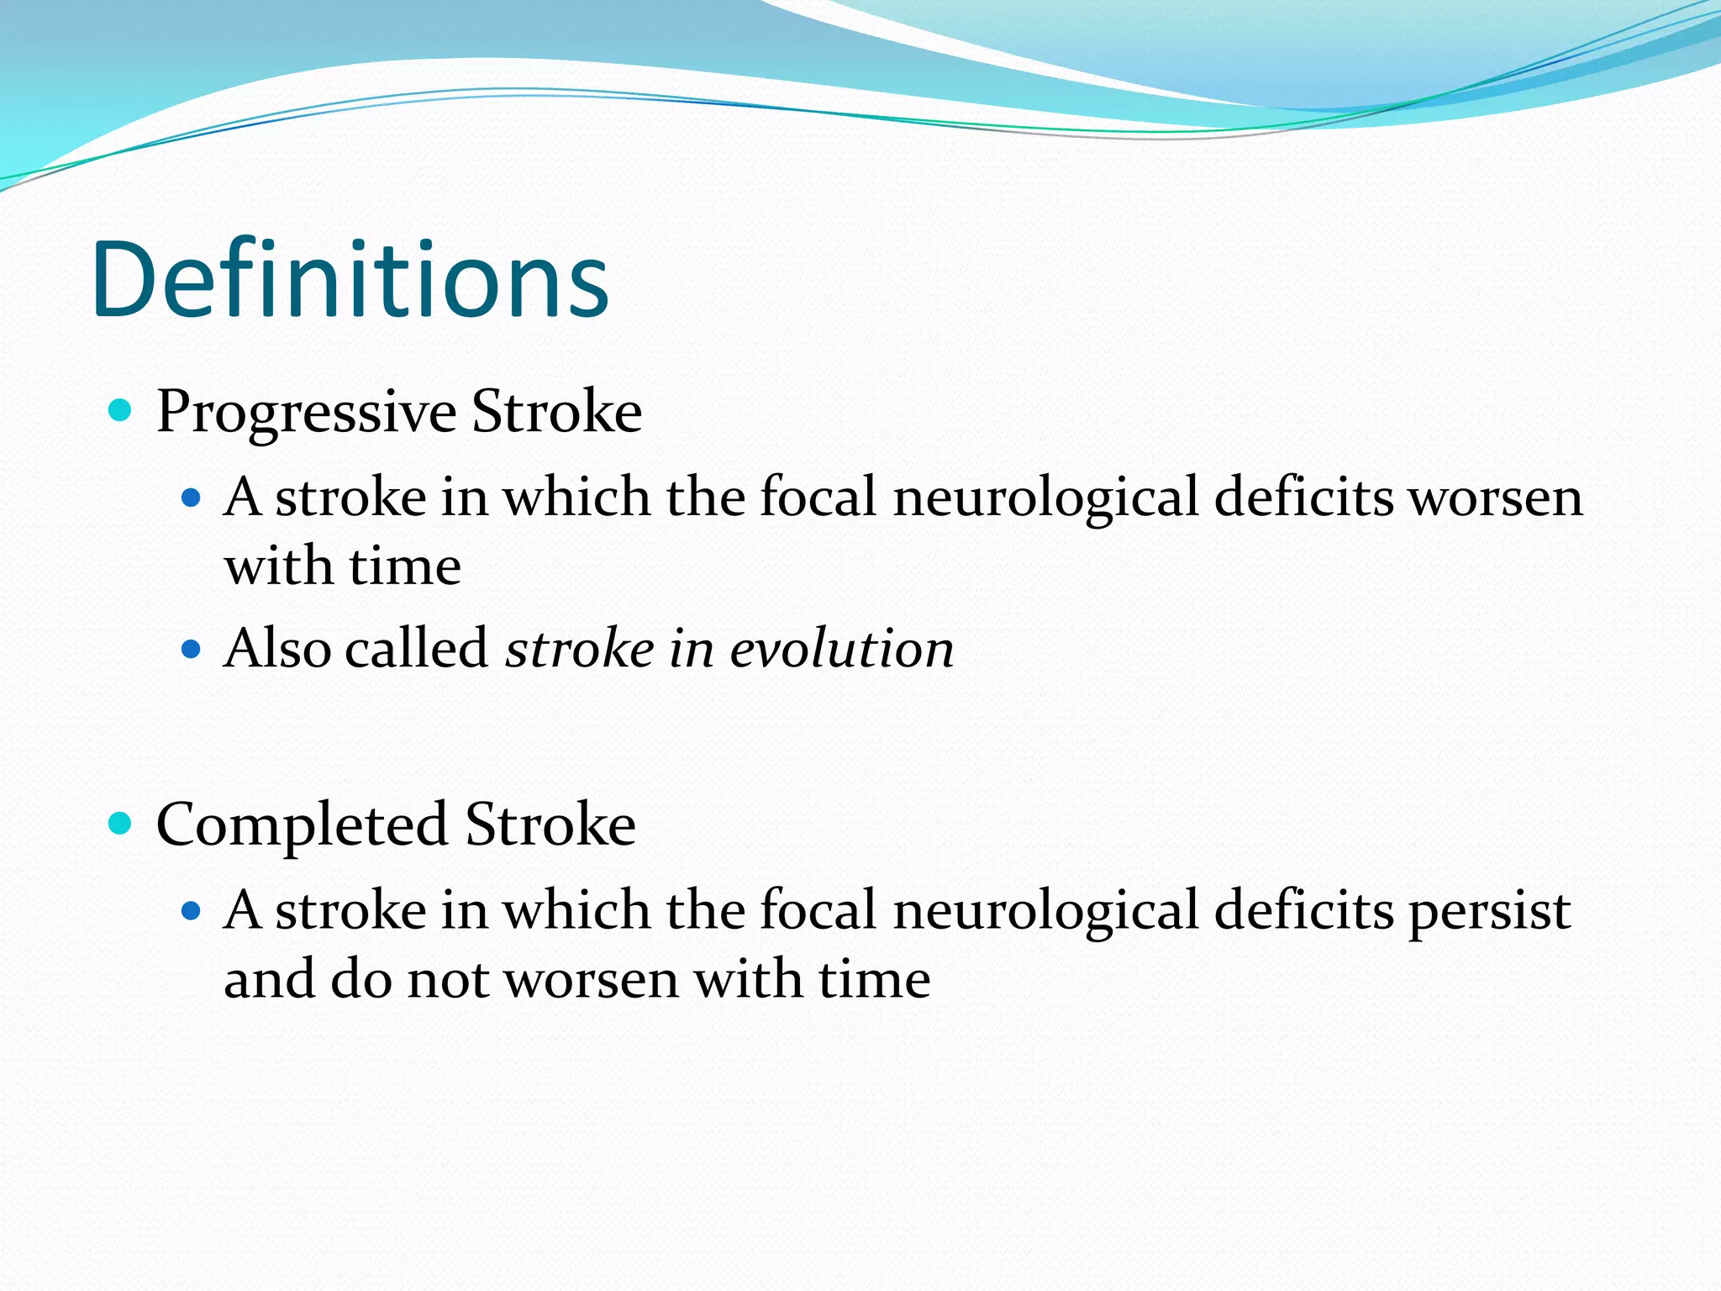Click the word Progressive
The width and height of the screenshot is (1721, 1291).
(306, 413)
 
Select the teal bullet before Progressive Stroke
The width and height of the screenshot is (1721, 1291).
(121, 411)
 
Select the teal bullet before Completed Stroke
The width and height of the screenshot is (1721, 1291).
(121, 824)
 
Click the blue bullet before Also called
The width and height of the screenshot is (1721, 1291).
(192, 649)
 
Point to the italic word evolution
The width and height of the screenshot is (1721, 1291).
(842, 649)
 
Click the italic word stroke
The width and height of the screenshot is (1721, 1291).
(580, 649)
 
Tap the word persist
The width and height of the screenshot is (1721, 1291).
(1489, 912)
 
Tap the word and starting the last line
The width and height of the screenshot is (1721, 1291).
(269, 980)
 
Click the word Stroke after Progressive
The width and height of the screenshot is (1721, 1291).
(556, 413)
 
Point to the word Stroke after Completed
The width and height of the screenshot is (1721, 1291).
(550, 825)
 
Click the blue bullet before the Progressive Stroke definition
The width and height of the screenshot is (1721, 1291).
(192, 498)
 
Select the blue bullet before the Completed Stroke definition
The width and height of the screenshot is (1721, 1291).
(192, 910)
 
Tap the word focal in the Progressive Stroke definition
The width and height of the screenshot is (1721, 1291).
(818, 498)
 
